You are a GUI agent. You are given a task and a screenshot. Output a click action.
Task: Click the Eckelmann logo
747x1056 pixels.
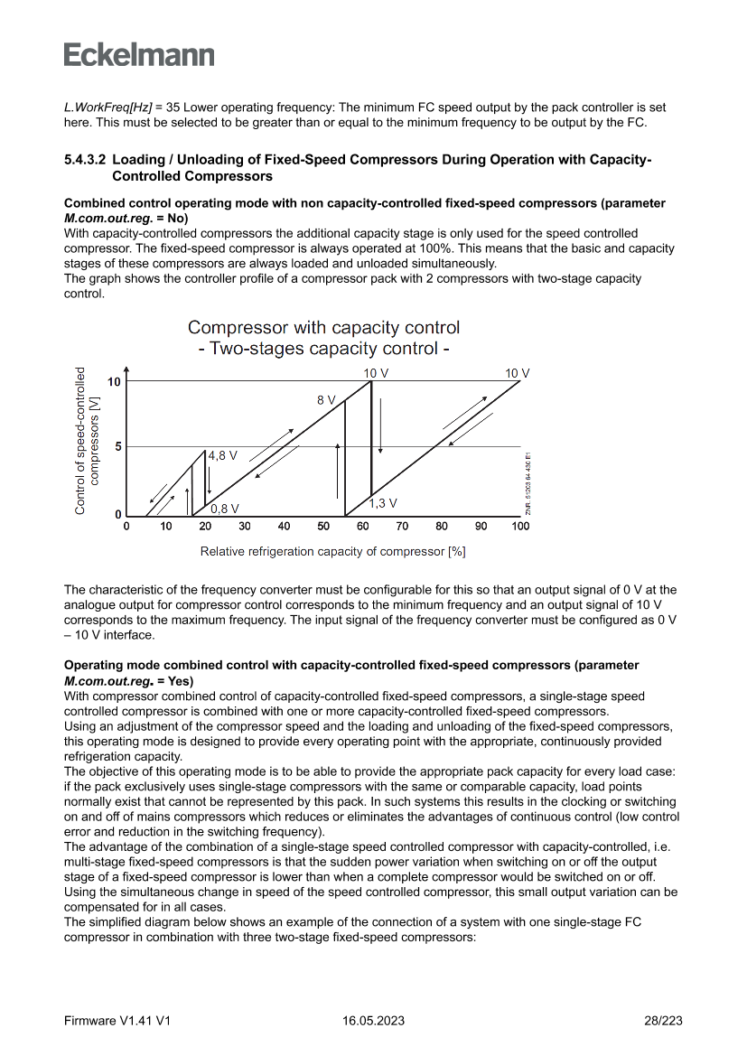[139, 54]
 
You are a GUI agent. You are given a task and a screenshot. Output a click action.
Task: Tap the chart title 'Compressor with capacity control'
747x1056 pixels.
[323, 327]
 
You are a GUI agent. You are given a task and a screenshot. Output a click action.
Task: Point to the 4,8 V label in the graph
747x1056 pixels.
[222, 456]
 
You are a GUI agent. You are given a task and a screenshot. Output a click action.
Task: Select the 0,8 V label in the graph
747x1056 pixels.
[225, 509]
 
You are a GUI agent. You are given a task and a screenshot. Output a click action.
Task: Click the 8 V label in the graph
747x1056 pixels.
[326, 399]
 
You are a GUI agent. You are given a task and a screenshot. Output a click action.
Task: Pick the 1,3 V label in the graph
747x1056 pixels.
[384, 502]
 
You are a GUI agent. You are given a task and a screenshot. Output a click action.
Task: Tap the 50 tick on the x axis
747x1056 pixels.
[323, 527]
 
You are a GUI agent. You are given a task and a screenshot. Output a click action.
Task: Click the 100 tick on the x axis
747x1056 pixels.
[520, 527]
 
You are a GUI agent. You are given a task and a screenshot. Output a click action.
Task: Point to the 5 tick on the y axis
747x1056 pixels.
[117, 447]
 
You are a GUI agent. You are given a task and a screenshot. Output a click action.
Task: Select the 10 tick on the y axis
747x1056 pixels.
[114, 382]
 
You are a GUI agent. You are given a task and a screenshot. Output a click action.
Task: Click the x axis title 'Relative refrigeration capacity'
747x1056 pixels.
[332, 550]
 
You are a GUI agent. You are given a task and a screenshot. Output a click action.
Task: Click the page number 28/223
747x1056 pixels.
[663, 1021]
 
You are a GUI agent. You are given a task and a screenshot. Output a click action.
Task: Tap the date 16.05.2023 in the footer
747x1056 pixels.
[373, 1021]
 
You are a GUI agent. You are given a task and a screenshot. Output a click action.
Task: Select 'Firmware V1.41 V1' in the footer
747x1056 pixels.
[117, 1021]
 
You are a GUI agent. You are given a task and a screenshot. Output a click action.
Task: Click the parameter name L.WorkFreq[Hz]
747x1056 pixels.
[107, 107]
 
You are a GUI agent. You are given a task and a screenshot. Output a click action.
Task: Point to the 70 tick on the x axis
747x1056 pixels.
[402, 527]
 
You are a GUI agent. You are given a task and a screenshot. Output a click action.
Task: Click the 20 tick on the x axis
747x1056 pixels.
[205, 527]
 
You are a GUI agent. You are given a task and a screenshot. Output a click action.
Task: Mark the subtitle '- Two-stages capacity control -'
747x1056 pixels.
[323, 349]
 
